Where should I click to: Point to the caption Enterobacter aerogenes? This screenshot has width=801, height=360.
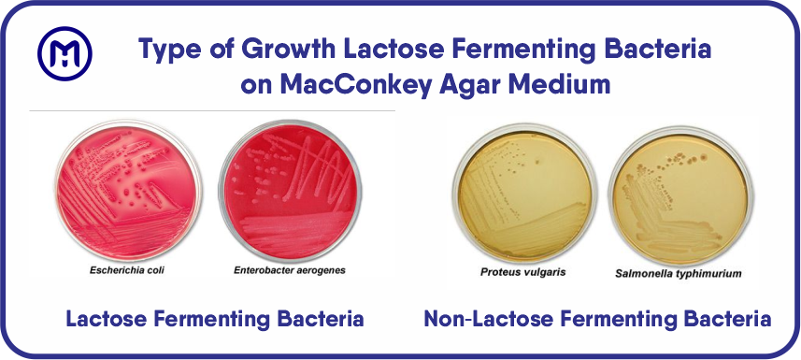(x=290, y=270)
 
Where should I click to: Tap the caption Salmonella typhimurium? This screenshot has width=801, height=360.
(x=679, y=275)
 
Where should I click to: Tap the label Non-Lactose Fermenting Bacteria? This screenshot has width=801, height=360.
(x=597, y=320)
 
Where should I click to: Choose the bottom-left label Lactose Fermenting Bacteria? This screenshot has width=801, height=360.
(x=214, y=320)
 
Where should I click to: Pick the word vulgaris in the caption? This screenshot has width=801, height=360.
(x=542, y=273)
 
